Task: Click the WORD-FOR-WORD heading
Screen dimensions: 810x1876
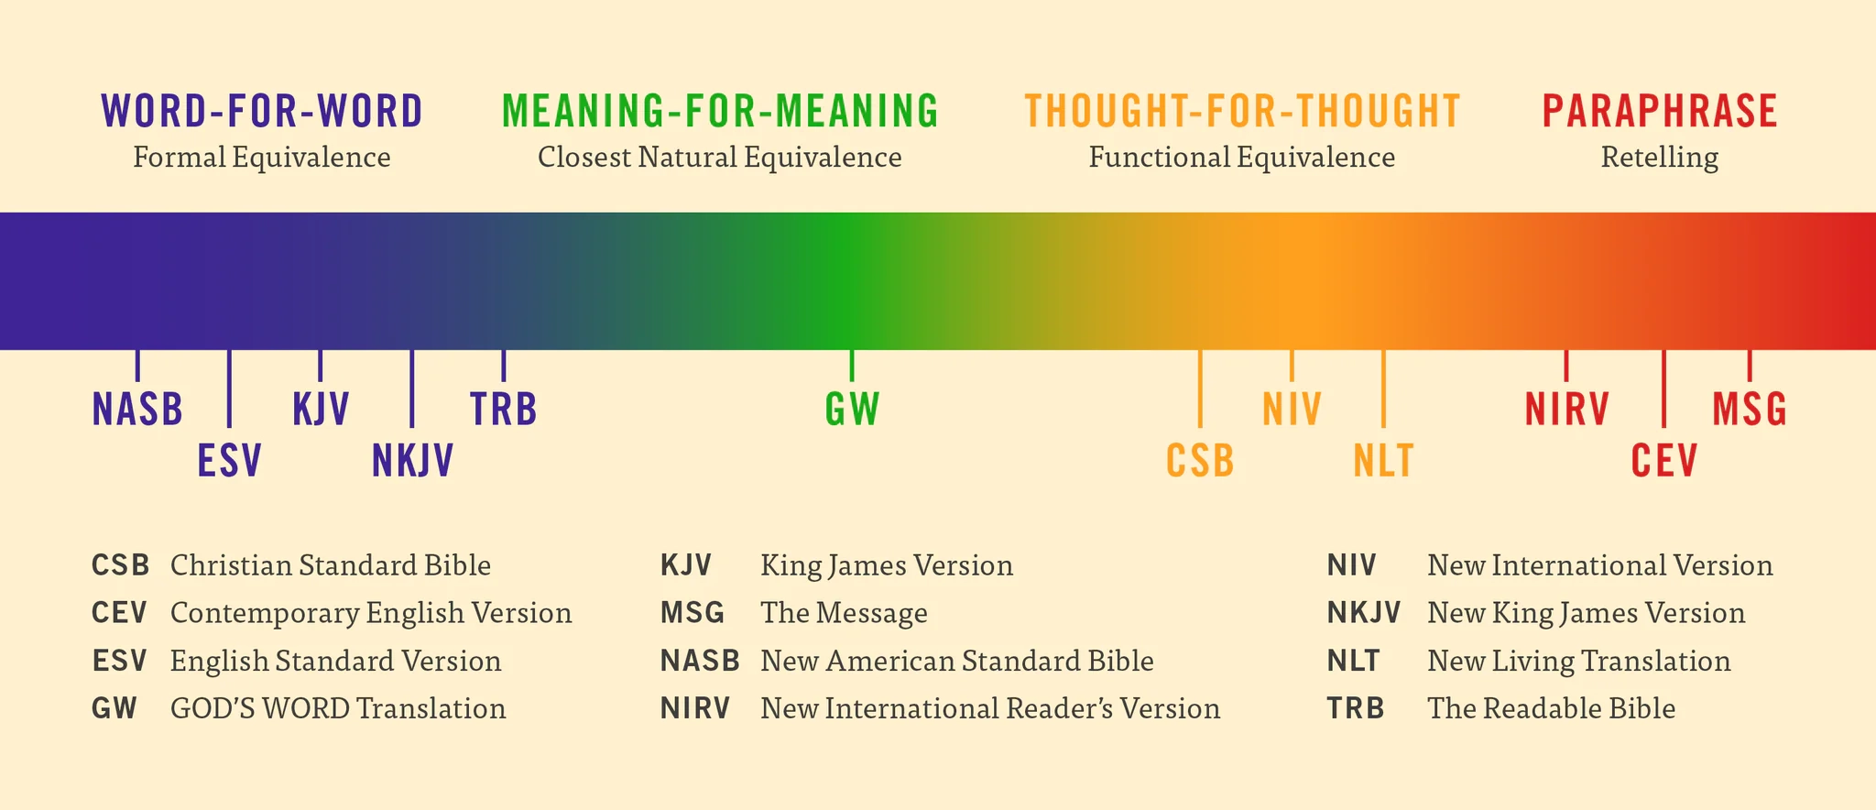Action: (262, 112)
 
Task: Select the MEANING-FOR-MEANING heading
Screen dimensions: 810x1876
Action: (720, 112)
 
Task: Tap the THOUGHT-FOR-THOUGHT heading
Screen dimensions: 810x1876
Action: (1242, 112)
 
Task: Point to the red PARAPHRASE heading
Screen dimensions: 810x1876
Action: (1660, 112)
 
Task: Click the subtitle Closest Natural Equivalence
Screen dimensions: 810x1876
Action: (720, 158)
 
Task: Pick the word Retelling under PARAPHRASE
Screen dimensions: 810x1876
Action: (1660, 158)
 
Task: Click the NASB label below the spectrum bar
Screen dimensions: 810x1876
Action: (137, 410)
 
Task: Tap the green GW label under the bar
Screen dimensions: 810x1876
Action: (852, 410)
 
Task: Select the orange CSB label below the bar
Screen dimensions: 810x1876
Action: (1200, 461)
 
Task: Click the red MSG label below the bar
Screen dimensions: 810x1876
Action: (1750, 410)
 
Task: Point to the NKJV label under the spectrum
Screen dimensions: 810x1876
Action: (412, 461)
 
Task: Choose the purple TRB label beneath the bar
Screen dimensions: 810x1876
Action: (503, 410)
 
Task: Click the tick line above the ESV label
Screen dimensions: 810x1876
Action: (229, 389)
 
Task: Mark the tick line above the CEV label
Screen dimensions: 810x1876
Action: (1663, 389)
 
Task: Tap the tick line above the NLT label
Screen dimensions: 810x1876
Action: (1383, 389)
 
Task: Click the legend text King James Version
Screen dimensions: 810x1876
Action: (887, 565)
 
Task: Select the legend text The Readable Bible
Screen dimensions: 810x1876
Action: (1551, 708)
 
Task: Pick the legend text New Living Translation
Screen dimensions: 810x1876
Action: (1578, 661)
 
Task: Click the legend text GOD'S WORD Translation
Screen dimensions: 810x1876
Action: (338, 708)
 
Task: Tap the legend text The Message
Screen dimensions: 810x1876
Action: (844, 613)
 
